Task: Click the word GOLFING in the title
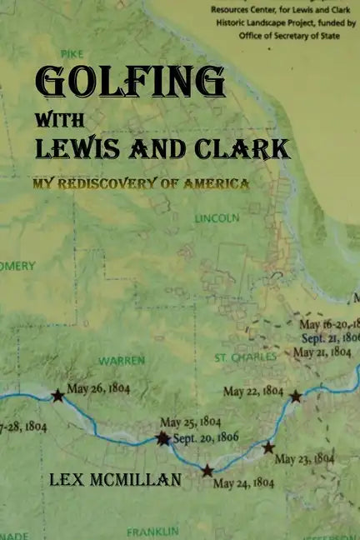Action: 130,82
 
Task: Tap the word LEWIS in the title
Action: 76,148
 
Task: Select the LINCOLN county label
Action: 217,218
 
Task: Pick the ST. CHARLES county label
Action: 245,357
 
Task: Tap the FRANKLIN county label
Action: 152,531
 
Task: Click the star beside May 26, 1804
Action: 57,396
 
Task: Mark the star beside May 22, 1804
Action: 295,396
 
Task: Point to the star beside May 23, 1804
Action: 268,447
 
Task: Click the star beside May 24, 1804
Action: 207,471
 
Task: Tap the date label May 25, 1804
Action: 191,422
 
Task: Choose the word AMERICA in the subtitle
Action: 217,183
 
